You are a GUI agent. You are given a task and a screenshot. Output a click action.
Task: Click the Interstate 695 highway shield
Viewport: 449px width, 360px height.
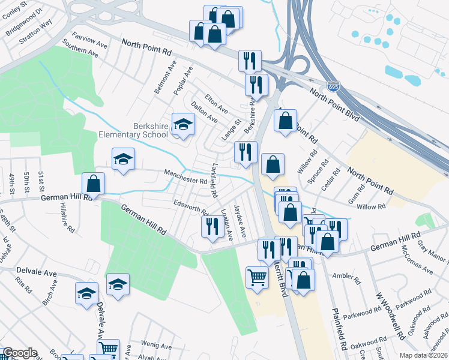point(333,86)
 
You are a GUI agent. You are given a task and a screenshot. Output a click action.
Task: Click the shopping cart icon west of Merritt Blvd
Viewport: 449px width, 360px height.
point(257,278)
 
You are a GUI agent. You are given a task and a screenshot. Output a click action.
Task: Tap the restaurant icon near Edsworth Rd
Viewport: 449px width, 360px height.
point(211,227)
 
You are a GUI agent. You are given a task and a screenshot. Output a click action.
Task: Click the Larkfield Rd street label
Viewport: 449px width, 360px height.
point(214,181)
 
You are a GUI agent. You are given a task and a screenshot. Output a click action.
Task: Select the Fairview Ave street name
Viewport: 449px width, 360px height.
point(89,41)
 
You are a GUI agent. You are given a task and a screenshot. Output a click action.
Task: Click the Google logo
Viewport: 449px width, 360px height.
point(20,353)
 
